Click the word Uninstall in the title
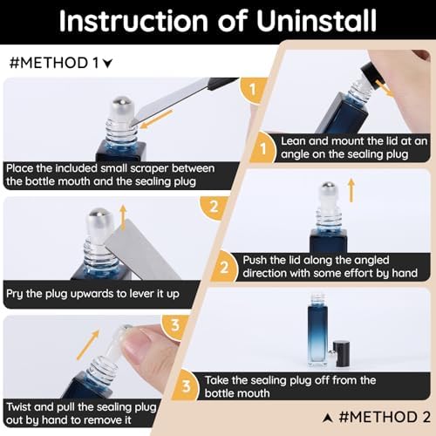tap(317, 21)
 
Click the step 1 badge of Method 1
tap(252, 90)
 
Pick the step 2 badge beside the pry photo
tap(214, 207)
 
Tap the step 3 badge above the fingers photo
tap(175, 325)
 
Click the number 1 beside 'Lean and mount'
tap(263, 149)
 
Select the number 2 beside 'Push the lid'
tap(224, 268)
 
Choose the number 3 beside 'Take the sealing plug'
tap(186, 386)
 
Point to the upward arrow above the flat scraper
tap(124, 217)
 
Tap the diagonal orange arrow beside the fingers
tap(88, 345)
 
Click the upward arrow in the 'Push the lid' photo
tap(351, 190)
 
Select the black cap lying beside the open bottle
tap(341, 353)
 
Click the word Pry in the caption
tap(15, 294)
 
